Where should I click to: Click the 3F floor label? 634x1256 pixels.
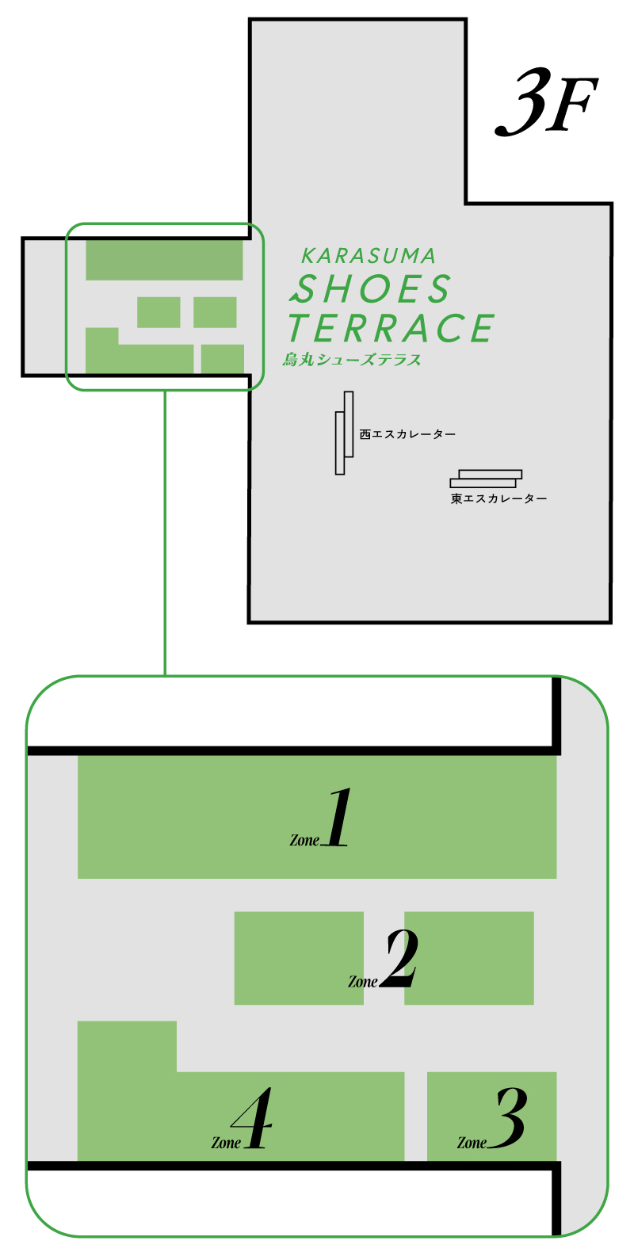pyautogui.click(x=546, y=103)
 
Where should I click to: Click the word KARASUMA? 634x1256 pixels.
pyautogui.click(x=369, y=256)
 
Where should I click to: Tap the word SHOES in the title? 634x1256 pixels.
pyautogui.click(x=370, y=288)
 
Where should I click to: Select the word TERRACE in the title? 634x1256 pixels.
pyautogui.click(x=391, y=328)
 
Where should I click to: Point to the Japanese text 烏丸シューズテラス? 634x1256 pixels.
pyautogui.click(x=352, y=360)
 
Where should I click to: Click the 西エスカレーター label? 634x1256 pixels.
pyautogui.click(x=407, y=434)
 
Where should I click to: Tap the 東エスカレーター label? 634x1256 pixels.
pyautogui.click(x=498, y=498)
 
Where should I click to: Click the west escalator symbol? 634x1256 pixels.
pyautogui.click(x=344, y=433)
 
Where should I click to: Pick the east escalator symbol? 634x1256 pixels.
pyautogui.click(x=486, y=479)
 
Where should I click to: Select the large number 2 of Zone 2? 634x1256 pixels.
pyautogui.click(x=401, y=958)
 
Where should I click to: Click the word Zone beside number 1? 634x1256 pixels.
pyautogui.click(x=304, y=840)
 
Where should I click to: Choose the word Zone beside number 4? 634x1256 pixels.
pyautogui.click(x=226, y=1143)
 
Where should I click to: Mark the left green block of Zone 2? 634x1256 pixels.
pyautogui.click(x=299, y=958)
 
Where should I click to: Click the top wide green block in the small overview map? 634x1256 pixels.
pyautogui.click(x=164, y=260)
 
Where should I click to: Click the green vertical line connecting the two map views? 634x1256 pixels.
pyautogui.click(x=165, y=533)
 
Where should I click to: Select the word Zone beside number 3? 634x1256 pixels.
pyautogui.click(x=472, y=1143)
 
